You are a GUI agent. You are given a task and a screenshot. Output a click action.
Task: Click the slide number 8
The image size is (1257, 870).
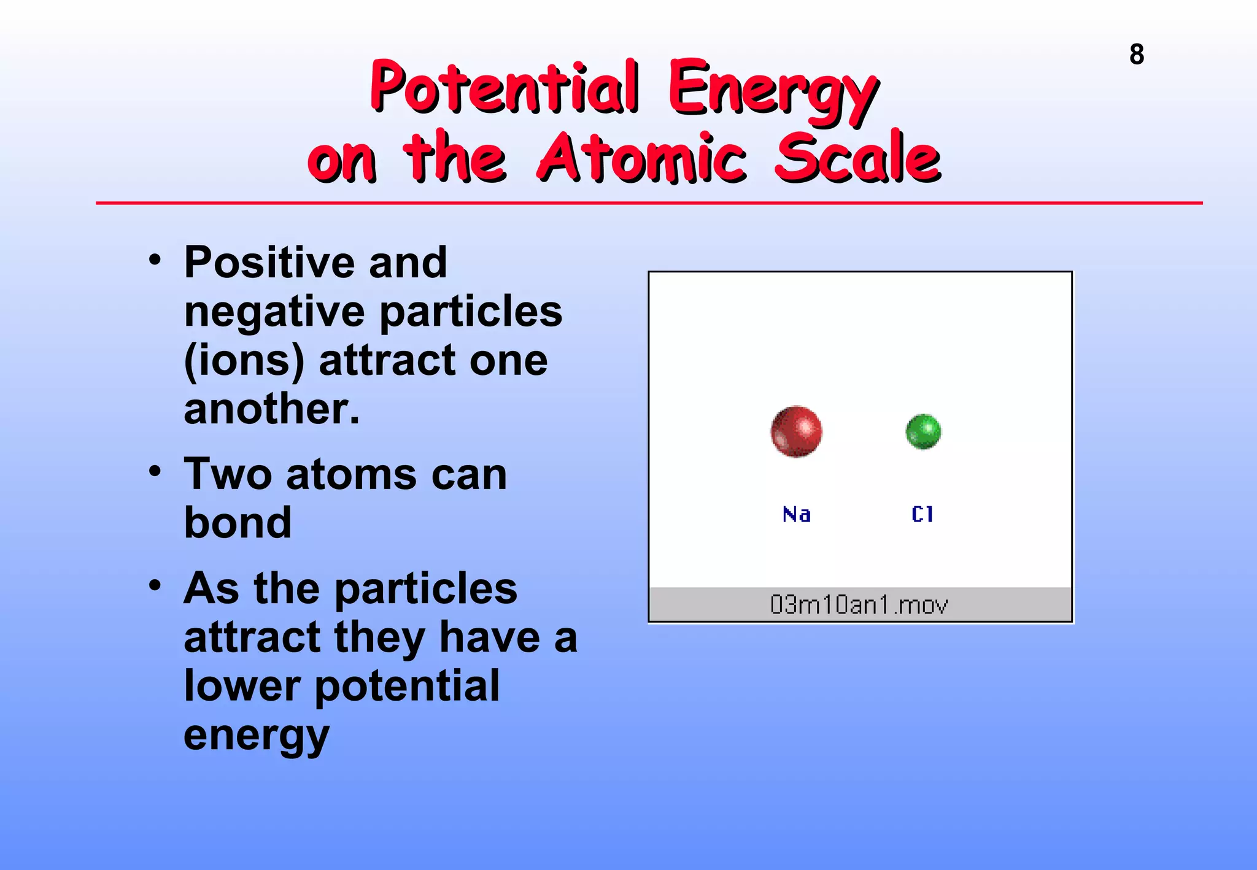[1136, 55]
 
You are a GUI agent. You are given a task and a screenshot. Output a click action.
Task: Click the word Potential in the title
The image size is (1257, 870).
[505, 87]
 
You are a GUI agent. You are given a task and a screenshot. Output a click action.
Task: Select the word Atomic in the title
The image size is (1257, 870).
[641, 158]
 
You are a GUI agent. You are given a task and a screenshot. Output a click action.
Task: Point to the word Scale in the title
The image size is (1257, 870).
[857, 158]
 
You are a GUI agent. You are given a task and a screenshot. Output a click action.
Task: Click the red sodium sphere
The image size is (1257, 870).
[796, 431]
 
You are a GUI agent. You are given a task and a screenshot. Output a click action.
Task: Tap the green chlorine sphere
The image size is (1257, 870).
[923, 431]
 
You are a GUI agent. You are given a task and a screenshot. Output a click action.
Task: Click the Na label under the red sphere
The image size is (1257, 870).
[797, 514]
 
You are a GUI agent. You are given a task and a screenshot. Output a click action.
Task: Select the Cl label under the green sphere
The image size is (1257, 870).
[922, 514]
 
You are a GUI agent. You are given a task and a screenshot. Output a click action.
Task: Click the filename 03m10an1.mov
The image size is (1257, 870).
[859, 605]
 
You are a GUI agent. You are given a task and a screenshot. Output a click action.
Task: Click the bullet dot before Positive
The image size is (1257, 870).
[155, 260]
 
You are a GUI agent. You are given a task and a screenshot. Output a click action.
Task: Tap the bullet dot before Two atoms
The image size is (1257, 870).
[155, 472]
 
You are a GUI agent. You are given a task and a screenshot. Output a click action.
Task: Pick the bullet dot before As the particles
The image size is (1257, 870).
[155, 585]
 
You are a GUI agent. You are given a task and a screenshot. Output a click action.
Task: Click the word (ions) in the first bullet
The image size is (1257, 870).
[244, 361]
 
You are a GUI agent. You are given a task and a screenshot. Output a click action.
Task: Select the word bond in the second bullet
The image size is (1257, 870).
[238, 523]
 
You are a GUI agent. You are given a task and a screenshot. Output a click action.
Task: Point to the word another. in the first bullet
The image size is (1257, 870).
[271, 409]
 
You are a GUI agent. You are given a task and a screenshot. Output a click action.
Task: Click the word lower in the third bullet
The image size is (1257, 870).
[242, 686]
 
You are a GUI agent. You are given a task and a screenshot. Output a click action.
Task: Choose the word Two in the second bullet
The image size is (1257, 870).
[228, 474]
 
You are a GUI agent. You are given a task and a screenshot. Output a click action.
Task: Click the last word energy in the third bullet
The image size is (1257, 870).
[256, 736]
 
